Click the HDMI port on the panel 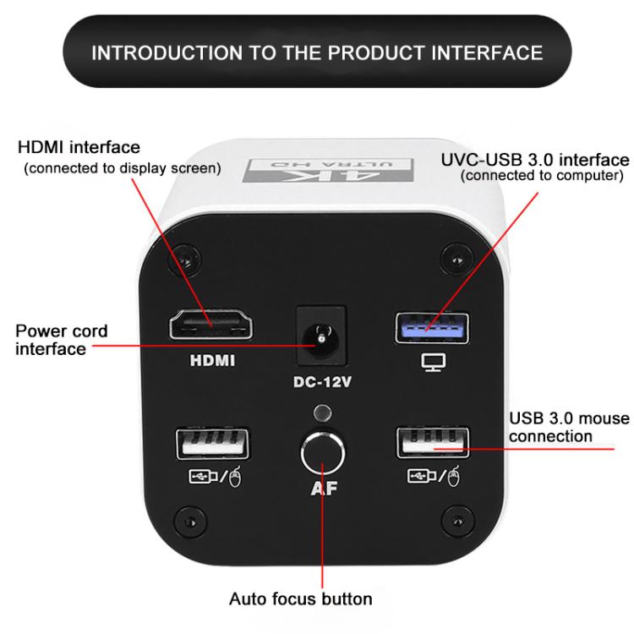[210, 325]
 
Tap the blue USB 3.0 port [432, 328]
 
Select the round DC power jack [321, 338]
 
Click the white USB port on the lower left [212, 444]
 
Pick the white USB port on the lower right [433, 443]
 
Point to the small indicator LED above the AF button [322, 413]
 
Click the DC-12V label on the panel [322, 382]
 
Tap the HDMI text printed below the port [212, 361]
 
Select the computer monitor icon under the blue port [434, 362]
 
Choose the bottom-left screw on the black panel [189, 522]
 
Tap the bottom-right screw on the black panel [457, 521]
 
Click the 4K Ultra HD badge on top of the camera [328, 170]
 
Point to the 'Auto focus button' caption [300, 598]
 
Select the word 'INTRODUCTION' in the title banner [167, 52]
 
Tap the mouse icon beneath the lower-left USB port [235, 477]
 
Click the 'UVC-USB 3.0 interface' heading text [535, 160]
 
